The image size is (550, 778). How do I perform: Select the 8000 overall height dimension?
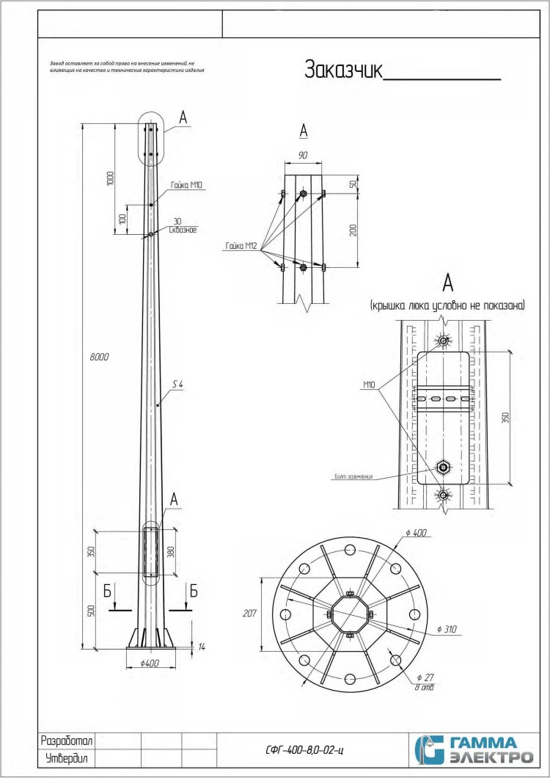pos(100,357)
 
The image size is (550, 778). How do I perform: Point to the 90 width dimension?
pos(303,156)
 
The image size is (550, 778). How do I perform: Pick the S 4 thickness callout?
pos(177,384)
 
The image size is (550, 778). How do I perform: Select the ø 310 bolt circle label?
pos(447,629)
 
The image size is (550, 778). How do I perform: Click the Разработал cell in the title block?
pos(67,740)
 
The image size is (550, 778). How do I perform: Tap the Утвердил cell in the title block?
pos(67,758)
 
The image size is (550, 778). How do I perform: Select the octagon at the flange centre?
pos(350,615)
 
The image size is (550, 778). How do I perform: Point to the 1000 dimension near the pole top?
pos(110,178)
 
